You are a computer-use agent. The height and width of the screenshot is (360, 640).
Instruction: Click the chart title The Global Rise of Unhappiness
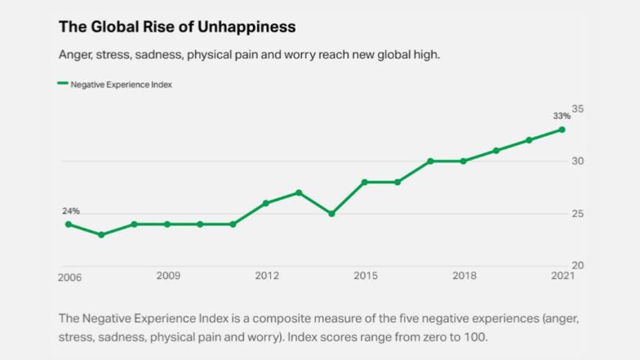[176, 26]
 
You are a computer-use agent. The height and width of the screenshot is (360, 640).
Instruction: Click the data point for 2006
[69, 224]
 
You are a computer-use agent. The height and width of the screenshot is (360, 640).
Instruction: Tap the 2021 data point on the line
[562, 129]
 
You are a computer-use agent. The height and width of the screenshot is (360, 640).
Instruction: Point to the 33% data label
[562, 115]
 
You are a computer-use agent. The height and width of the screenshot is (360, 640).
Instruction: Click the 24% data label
[71, 211]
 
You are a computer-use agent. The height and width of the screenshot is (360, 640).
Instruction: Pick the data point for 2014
[331, 214]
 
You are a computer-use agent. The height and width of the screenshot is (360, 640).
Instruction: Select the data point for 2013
[299, 193]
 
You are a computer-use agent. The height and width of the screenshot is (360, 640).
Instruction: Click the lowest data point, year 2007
[101, 234]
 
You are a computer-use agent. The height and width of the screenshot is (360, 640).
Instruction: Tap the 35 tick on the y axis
[578, 109]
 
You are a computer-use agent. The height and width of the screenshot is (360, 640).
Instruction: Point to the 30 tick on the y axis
[578, 161]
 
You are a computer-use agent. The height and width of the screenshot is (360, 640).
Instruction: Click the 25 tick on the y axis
[578, 214]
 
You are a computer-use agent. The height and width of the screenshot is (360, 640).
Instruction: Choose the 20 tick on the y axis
[578, 266]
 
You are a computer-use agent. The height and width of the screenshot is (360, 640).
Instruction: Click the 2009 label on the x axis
[168, 276]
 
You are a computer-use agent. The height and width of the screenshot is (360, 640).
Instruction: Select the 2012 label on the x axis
[267, 276]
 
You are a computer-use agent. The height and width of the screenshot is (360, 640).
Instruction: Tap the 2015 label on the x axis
[365, 276]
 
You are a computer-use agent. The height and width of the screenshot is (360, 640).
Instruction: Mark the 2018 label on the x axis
[464, 276]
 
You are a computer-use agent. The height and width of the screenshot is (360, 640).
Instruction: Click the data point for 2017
[430, 161]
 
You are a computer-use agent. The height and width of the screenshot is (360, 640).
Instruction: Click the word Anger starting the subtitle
[75, 55]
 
